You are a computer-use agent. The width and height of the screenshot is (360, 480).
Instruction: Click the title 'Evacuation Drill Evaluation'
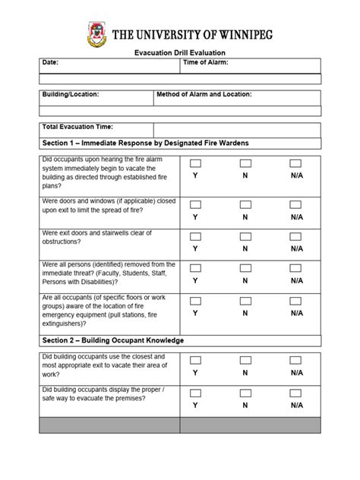tap(180, 52)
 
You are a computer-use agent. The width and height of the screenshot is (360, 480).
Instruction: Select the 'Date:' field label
tap(50, 62)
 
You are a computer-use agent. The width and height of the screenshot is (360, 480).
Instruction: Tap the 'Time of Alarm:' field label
tap(206, 62)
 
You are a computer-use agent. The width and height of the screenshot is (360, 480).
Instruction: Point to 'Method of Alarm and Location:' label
tap(204, 95)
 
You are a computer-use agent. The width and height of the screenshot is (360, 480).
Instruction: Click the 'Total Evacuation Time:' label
tap(77, 127)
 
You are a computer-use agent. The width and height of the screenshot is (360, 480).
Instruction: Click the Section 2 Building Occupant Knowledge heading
tap(112, 340)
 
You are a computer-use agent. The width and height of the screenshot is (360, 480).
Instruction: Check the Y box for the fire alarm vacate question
tap(195, 163)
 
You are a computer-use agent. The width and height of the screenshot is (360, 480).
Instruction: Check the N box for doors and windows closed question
tap(245, 204)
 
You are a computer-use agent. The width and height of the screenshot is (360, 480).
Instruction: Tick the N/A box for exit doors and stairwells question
tap(296, 236)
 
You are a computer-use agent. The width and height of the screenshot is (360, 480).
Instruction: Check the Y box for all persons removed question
tap(195, 268)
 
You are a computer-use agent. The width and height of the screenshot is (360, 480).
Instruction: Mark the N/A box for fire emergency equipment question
tap(296, 300)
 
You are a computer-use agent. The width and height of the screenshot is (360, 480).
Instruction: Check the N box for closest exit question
tap(245, 360)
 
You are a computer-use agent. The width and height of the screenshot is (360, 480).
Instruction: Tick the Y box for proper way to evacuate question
tap(195, 393)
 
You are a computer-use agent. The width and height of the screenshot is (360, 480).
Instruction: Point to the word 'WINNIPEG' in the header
tap(238, 35)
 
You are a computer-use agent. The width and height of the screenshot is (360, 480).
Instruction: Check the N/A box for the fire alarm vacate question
tap(296, 163)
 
